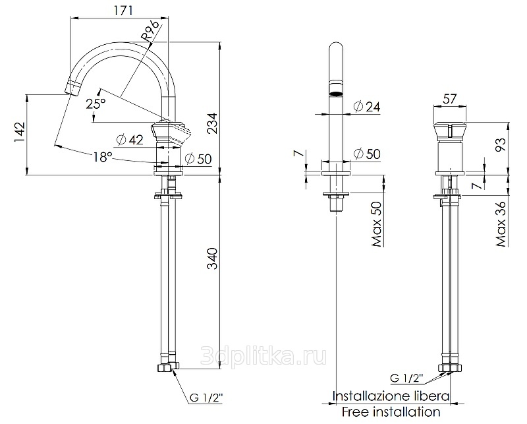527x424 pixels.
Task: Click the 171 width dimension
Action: [122, 11]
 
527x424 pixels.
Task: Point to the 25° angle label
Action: [96, 103]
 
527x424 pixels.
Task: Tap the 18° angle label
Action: [103, 156]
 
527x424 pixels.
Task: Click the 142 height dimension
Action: [20, 132]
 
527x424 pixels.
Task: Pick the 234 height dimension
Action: [212, 123]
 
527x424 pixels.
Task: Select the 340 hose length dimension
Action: [212, 258]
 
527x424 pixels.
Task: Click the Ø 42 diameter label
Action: [130, 140]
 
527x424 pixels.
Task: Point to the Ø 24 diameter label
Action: [367, 107]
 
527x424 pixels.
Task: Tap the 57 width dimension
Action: [450, 99]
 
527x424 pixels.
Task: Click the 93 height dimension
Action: [501, 144]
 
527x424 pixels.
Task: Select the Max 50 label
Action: [376, 224]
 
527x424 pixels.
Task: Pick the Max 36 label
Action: [501, 224]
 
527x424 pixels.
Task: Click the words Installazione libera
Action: [391, 396]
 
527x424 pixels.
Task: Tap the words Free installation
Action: [391, 411]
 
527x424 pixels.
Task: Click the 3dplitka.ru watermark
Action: [263, 356]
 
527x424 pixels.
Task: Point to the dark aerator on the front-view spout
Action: [336, 94]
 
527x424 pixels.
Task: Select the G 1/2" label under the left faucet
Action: [206, 398]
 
